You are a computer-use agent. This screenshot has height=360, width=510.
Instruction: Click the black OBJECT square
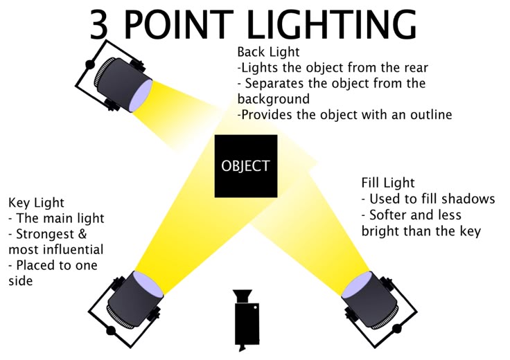(x=246, y=166)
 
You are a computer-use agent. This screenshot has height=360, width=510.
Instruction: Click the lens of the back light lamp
(x=141, y=96)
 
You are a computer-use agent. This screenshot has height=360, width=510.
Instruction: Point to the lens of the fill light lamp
(x=357, y=285)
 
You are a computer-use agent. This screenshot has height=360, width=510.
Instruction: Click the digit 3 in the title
(x=99, y=25)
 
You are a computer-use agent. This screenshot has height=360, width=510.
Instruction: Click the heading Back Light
(x=268, y=52)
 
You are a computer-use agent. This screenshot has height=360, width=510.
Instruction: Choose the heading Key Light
(x=36, y=203)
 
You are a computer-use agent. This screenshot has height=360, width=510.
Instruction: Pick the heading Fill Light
(x=388, y=183)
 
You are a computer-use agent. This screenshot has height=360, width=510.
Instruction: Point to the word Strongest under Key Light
(x=45, y=235)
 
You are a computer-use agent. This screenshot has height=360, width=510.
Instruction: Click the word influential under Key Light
(x=73, y=250)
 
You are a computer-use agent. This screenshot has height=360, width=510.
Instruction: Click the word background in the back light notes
(x=274, y=99)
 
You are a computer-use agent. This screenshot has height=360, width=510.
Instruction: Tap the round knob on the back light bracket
(x=90, y=64)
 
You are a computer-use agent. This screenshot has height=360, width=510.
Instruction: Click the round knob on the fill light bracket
(x=397, y=329)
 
